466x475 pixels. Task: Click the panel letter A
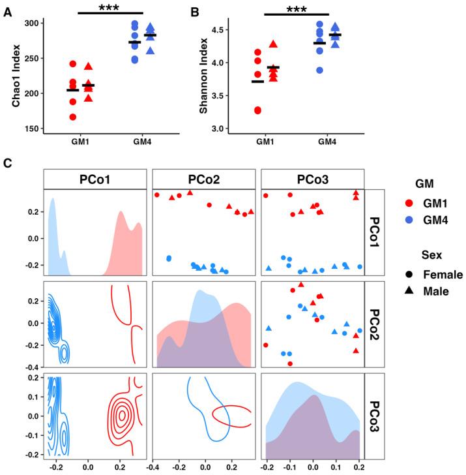8,10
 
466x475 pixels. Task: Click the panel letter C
8,162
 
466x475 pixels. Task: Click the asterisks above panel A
109,8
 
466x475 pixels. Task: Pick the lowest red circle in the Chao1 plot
72,117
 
